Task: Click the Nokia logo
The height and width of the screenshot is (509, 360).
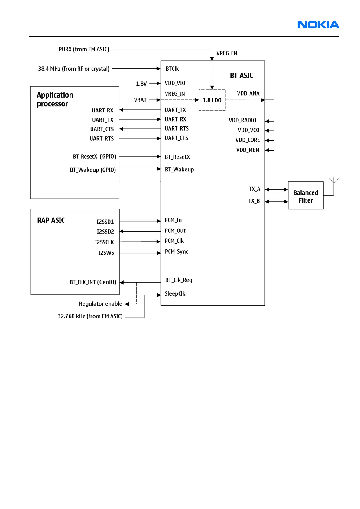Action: pyautogui.click(x=318, y=25)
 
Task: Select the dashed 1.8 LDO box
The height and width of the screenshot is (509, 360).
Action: pyautogui.click(x=212, y=100)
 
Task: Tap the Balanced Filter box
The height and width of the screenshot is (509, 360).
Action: pyautogui.click(x=306, y=196)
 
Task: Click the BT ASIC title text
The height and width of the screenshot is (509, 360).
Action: pyautogui.click(x=241, y=76)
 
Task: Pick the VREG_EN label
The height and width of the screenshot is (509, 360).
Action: pyautogui.click(x=227, y=53)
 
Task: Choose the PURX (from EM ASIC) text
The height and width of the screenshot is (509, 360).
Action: pyautogui.click(x=84, y=49)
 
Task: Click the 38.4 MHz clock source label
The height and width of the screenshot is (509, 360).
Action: pyautogui.click(x=74, y=69)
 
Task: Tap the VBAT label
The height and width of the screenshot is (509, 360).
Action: pyautogui.click(x=140, y=100)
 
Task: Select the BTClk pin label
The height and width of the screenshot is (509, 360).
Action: pyautogui.click(x=172, y=69)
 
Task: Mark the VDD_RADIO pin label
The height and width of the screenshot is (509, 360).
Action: pyautogui.click(x=242, y=120)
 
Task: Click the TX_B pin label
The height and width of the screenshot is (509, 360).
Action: pyautogui.click(x=254, y=201)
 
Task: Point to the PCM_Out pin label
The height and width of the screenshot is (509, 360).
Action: pyautogui.click(x=175, y=231)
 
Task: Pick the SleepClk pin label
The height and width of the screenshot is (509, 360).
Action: pyautogui.click(x=175, y=293)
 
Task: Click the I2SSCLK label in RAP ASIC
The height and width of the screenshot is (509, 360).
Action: pyautogui.click(x=104, y=242)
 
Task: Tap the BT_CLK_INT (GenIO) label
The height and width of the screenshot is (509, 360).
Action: pyautogui.click(x=93, y=282)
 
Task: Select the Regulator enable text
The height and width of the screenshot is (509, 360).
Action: pyautogui.click(x=100, y=304)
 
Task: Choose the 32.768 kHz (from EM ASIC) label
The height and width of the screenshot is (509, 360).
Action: pyautogui.click(x=90, y=316)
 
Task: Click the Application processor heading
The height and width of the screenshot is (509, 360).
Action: pyautogui.click(x=55, y=99)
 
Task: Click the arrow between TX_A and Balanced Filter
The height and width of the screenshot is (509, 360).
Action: pyautogui.click(x=276, y=190)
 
